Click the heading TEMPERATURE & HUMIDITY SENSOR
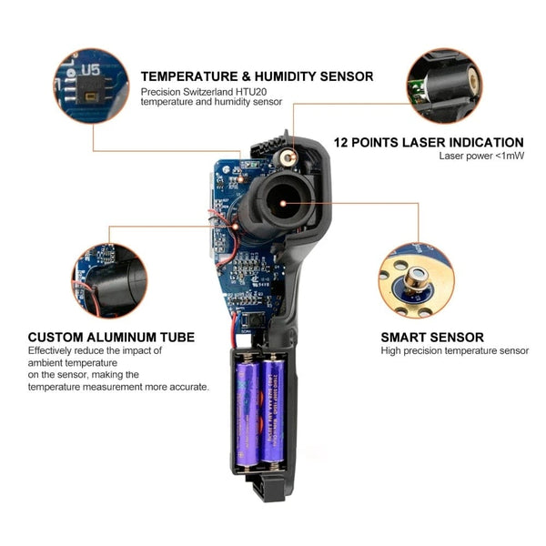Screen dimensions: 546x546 pyautogui.click(x=257, y=76)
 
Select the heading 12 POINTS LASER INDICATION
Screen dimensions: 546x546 pyautogui.click(x=429, y=143)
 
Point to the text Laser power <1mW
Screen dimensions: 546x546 pyautogui.click(x=481, y=156)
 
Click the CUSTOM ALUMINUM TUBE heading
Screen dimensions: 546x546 pyautogui.click(x=111, y=337)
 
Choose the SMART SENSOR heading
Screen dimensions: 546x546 pyautogui.click(x=432, y=337)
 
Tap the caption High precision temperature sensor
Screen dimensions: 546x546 pyautogui.click(x=454, y=350)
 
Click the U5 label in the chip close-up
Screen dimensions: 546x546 pyautogui.click(x=90, y=70)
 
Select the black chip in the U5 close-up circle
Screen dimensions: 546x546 pyautogui.click(x=90, y=90)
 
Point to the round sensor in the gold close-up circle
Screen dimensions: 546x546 pyautogui.click(x=417, y=279)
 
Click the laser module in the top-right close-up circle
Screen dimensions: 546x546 pyautogui.click(x=452, y=83)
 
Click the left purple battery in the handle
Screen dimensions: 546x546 pyautogui.click(x=248, y=413)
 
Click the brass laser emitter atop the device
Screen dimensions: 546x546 pyautogui.click(x=288, y=157)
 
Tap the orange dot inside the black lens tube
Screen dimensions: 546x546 pyautogui.click(x=283, y=203)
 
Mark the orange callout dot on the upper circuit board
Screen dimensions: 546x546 pyautogui.click(x=240, y=179)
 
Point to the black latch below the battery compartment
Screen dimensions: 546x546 pyautogui.click(x=270, y=490)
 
